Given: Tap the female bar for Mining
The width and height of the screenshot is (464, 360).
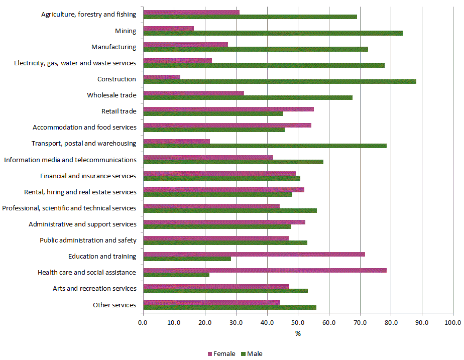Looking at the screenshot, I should pos(168,28).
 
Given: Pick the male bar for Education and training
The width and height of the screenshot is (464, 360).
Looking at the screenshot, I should pos(187,259).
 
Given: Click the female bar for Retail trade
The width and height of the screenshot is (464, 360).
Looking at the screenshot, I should pos(228,109).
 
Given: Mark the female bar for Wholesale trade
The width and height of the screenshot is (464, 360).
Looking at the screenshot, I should pos(193,93).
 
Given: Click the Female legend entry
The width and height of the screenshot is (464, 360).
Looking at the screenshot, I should pos(221,353).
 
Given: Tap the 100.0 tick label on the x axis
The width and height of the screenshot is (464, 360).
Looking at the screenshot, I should pos(452,322).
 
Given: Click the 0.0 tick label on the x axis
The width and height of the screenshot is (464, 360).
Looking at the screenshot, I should pos(143,322).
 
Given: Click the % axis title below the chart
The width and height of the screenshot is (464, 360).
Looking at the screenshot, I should pos(298,334).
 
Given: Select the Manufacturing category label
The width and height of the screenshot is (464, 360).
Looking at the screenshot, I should pos(113,47).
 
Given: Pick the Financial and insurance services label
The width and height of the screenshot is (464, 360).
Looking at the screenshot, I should pos(88,176).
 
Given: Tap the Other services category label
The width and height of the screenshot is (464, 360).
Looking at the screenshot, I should pos(114,305).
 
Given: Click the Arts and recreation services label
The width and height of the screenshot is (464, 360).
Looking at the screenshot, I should pos(94,289).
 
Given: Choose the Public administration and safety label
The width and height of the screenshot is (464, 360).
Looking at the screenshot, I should pos(88,241).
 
